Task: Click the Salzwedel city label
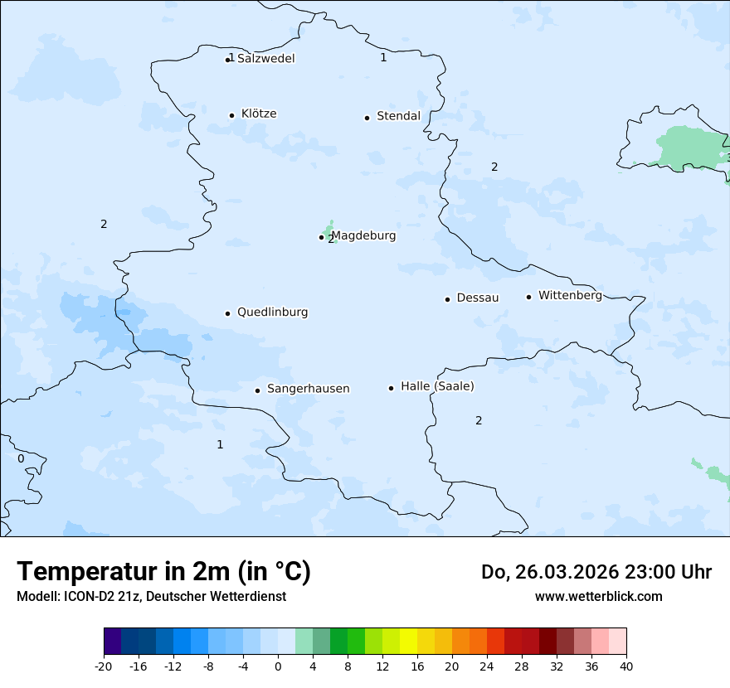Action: tap(265, 59)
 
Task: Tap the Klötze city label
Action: tap(259, 114)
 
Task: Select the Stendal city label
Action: tap(398, 116)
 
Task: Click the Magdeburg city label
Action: tap(363, 235)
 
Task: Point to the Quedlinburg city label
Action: tap(272, 313)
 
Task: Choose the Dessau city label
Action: tap(478, 298)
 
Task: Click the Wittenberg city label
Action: tap(570, 295)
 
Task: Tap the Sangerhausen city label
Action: tap(308, 389)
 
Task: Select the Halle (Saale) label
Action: tap(437, 386)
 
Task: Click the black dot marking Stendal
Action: tap(367, 118)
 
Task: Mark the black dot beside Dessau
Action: tap(447, 299)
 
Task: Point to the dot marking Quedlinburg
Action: tap(227, 313)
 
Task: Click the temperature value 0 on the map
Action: tap(21, 458)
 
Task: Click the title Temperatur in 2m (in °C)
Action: tap(163, 571)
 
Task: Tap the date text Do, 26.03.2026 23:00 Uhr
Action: tap(596, 572)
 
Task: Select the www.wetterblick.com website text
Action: tap(598, 596)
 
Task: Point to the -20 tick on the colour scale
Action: tap(104, 666)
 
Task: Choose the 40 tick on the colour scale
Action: tap(625, 666)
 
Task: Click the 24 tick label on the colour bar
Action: tap(486, 666)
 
